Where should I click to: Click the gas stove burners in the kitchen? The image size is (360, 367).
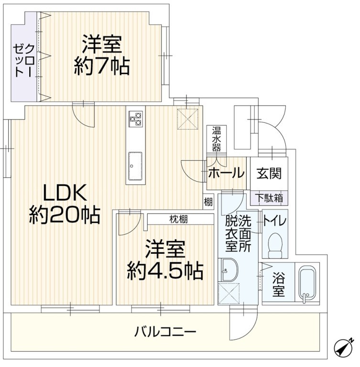tap(135, 119)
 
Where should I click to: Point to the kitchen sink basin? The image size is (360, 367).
tap(135, 166)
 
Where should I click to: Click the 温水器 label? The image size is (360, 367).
tap(217, 139)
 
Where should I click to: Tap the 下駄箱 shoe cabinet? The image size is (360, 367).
tap(269, 198)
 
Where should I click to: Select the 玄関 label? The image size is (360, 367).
tap(269, 173)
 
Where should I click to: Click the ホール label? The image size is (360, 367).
tap(226, 173)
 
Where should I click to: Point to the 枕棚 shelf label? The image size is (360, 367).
tap(178, 219)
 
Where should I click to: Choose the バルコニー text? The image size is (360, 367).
tap(165, 332)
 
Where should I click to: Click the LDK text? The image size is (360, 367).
tap(65, 193)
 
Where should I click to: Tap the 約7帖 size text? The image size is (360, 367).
tap(102, 66)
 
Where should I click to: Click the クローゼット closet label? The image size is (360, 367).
tap(23, 60)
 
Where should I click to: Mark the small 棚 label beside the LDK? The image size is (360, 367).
tap(208, 202)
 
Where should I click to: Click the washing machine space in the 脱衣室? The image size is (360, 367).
tap(229, 294)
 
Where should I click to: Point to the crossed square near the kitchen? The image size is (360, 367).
tap(187, 119)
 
